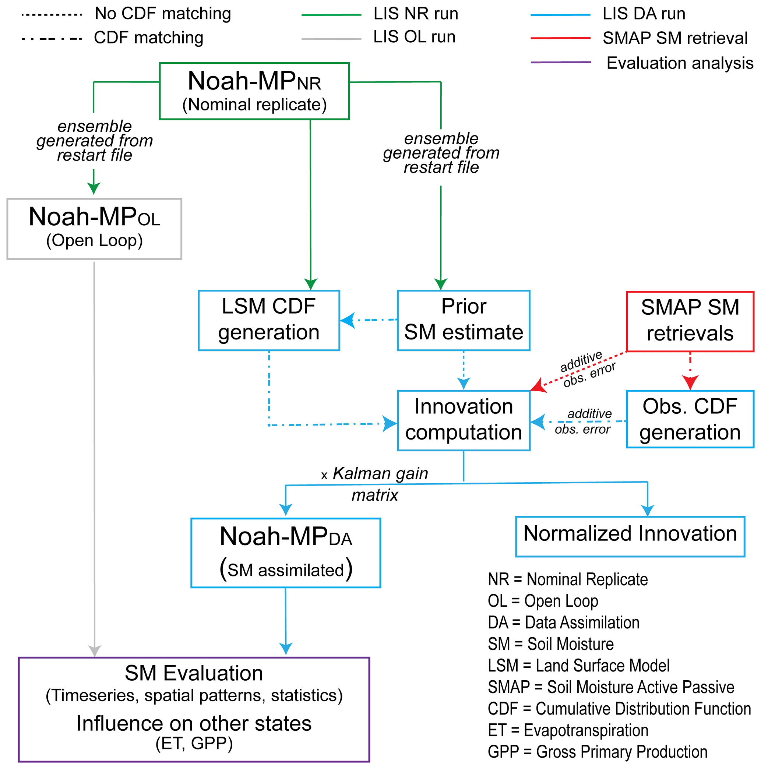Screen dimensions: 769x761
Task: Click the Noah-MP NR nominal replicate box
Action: click(x=254, y=91)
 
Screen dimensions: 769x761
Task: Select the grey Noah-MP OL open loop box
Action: click(x=94, y=229)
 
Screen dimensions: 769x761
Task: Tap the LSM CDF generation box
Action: click(x=269, y=320)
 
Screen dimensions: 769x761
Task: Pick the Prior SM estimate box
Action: click(x=463, y=320)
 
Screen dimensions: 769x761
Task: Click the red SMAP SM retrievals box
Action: click(x=690, y=321)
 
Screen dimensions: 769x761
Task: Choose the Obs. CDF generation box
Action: click(x=690, y=419)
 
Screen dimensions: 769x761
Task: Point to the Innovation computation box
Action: click(x=463, y=420)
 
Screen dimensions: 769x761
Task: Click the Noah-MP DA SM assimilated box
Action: click(x=285, y=553)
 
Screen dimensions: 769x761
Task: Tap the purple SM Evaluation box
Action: click(x=194, y=709)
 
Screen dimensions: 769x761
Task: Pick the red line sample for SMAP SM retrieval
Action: click(x=560, y=38)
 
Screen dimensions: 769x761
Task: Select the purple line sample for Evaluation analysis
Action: click(x=560, y=63)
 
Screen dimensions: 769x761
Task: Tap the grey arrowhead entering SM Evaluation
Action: click(x=94, y=651)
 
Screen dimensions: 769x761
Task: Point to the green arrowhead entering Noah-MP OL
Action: click(x=94, y=188)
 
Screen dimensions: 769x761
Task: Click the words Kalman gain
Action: click(x=380, y=473)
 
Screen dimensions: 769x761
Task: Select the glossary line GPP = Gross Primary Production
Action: click(x=597, y=751)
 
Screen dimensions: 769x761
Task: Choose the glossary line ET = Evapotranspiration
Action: click(x=568, y=730)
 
